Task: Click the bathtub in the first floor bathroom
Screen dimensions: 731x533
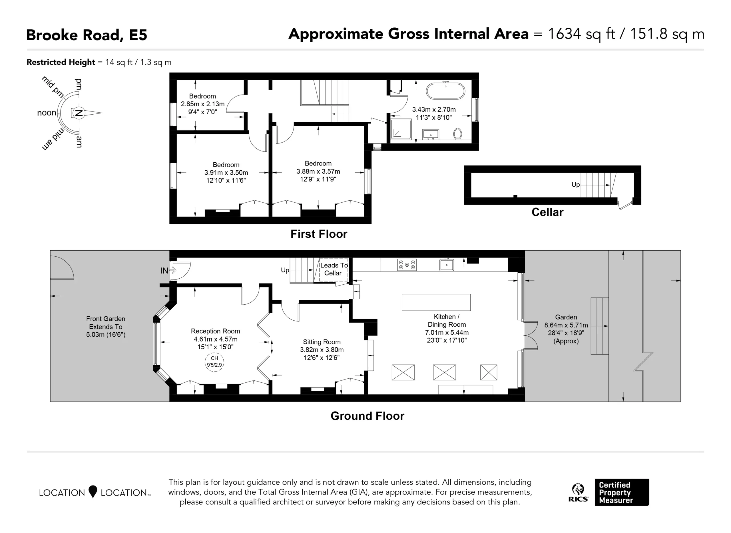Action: (445, 91)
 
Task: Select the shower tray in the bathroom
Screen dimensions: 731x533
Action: (401, 129)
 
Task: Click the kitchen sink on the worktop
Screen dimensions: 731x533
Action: (447, 265)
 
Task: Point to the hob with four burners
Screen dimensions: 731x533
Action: (407, 265)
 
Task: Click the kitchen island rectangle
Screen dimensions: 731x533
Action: (436, 302)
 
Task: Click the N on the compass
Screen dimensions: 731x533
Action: (78, 113)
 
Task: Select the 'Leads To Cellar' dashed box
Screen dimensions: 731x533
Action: (334, 270)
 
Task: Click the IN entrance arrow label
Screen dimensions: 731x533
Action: (164, 271)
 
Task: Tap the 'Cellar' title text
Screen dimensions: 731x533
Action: (547, 212)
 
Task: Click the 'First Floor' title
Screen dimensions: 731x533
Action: (319, 234)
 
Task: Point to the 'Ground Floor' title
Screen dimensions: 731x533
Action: (367, 416)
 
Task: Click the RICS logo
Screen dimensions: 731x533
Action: (578, 492)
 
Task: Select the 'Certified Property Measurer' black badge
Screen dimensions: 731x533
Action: (622, 492)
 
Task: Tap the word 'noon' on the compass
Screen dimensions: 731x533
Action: (47, 113)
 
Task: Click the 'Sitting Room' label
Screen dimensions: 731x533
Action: (322, 342)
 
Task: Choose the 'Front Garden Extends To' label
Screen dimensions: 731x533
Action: (106, 323)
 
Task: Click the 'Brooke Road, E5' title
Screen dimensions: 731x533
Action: (87, 35)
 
